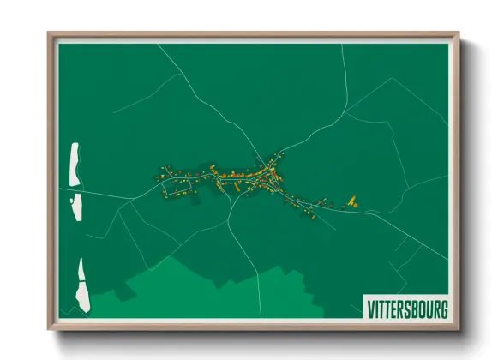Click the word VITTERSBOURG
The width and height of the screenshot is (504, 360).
click(x=407, y=308)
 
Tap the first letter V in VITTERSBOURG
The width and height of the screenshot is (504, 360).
click(x=370, y=308)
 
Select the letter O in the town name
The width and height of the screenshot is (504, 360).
click(x=417, y=308)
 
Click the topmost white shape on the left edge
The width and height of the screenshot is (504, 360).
click(x=75, y=164)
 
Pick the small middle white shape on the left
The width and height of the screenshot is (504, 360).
click(x=76, y=206)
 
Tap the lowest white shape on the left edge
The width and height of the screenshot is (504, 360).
click(x=82, y=284)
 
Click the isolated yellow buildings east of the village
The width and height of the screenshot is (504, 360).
click(x=350, y=202)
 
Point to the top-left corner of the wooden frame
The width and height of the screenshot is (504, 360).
click(x=50, y=34)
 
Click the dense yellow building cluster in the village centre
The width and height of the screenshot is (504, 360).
click(x=253, y=177)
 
